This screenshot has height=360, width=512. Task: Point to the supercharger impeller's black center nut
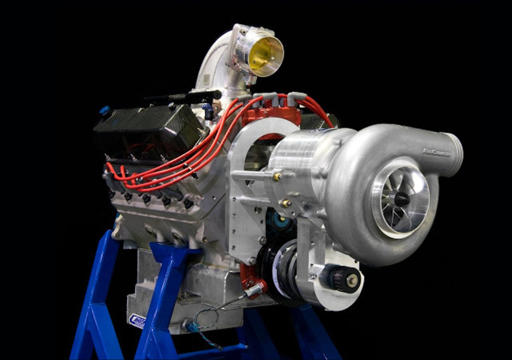(x=401, y=199)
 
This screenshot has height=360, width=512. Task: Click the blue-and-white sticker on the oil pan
(x=137, y=320)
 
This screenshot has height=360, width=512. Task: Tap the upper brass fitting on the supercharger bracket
(x=278, y=177)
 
